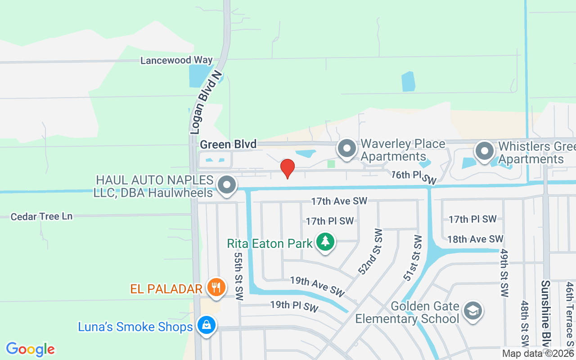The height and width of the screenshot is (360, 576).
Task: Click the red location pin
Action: click(288, 168)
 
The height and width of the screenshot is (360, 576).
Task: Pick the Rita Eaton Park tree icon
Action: click(325, 242)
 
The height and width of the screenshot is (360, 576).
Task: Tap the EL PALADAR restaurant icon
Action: click(216, 287)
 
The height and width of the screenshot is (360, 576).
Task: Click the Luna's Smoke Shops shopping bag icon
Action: click(206, 325)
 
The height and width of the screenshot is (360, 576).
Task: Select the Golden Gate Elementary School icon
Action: click(472, 311)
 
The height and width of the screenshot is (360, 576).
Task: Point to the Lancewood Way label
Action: click(176, 60)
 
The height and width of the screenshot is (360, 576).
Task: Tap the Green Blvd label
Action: click(228, 144)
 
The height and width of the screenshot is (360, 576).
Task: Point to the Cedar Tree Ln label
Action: click(41, 216)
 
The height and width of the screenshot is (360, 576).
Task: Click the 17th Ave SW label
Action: click(340, 201)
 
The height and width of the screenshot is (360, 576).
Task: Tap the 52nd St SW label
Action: click(370, 252)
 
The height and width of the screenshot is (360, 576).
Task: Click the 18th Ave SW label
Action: click(475, 239)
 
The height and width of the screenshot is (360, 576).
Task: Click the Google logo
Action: click(30, 349)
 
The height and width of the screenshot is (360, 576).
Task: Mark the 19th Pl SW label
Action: click(294, 306)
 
